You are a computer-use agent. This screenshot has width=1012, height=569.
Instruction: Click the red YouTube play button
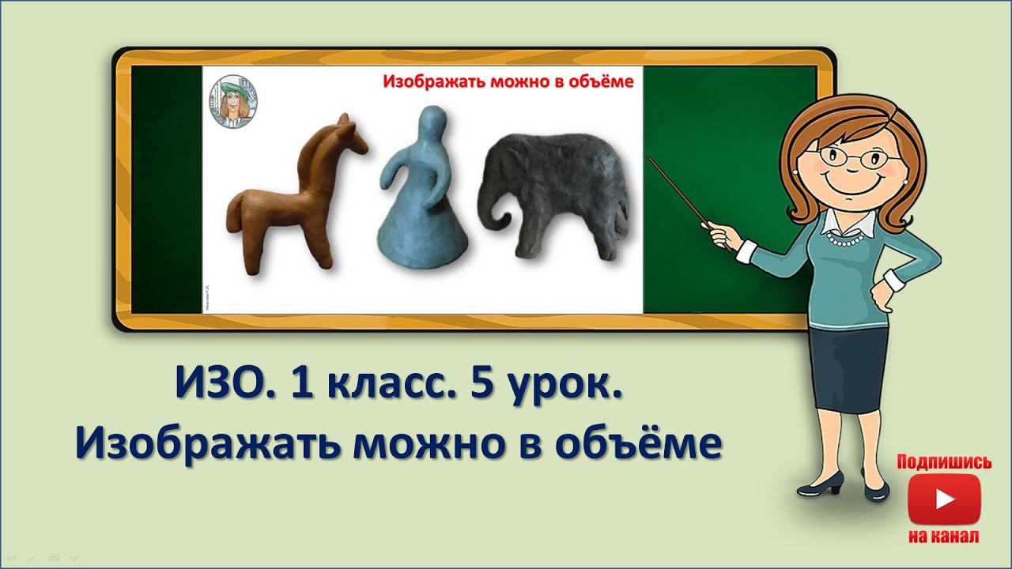(944, 499)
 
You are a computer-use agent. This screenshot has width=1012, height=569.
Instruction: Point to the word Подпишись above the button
(944, 462)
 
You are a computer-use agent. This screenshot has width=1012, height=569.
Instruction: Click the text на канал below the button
(944, 537)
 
